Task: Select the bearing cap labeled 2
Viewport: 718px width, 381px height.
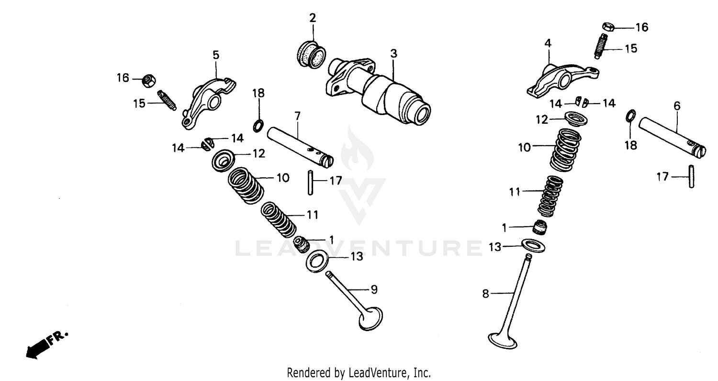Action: pos(312,55)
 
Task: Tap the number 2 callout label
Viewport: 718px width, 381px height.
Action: pos(313,19)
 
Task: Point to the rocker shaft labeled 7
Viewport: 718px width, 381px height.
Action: pos(300,147)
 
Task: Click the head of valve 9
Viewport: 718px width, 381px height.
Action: pos(370,318)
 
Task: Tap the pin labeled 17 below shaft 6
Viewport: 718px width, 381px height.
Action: pos(691,176)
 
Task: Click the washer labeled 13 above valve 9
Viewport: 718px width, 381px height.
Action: pos(316,262)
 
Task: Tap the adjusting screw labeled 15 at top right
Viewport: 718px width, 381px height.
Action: pos(601,46)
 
